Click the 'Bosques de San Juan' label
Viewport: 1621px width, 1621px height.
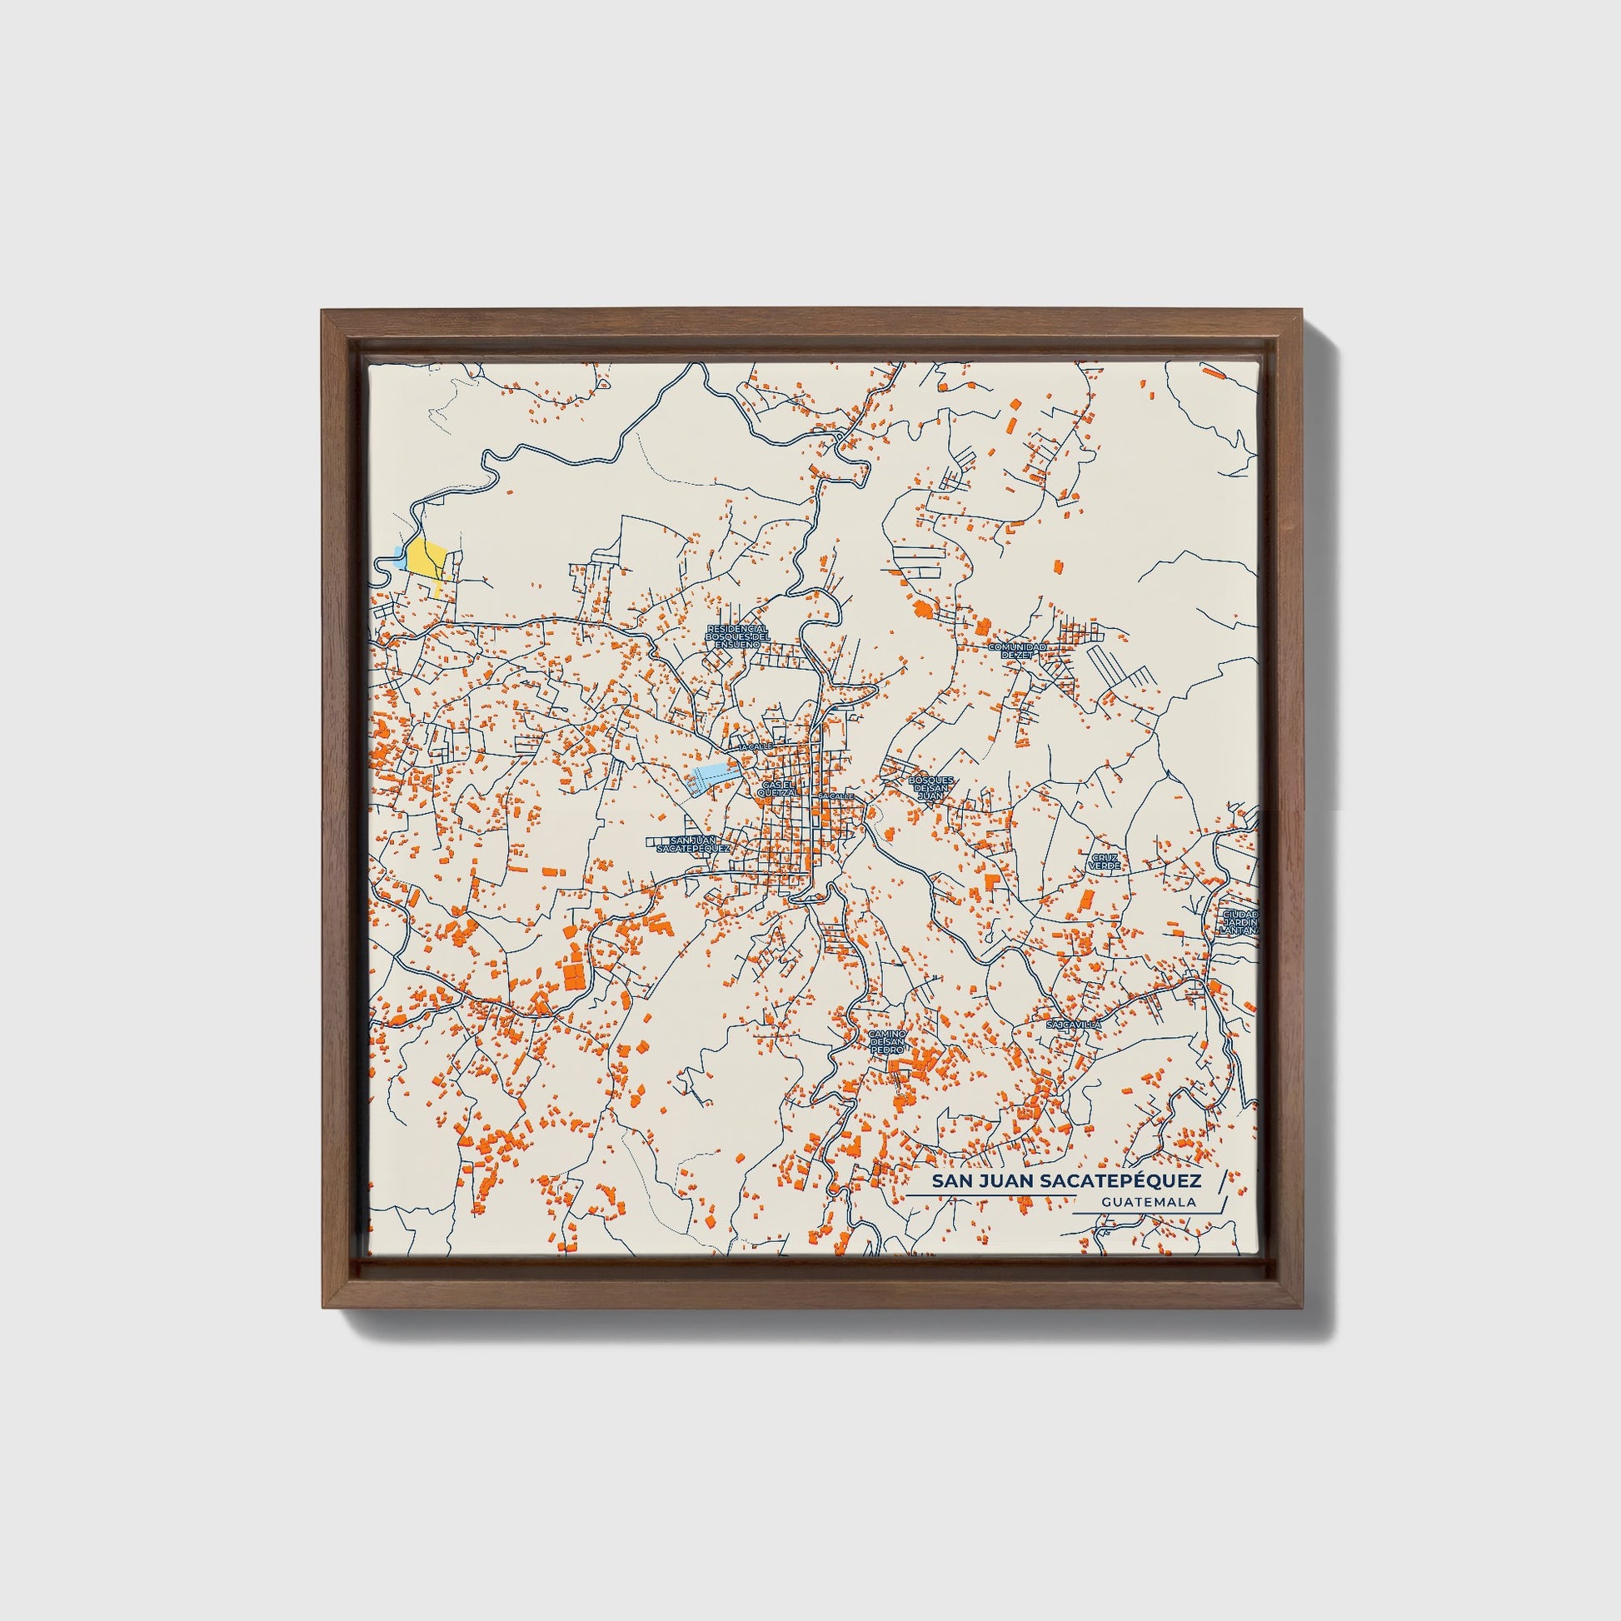930,788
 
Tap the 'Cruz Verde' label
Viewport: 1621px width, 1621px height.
1105,860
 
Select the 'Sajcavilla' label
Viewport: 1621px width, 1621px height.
1073,1025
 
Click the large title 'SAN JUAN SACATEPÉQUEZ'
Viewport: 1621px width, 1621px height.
1066,1181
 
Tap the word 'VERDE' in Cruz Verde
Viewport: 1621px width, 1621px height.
1105,865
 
